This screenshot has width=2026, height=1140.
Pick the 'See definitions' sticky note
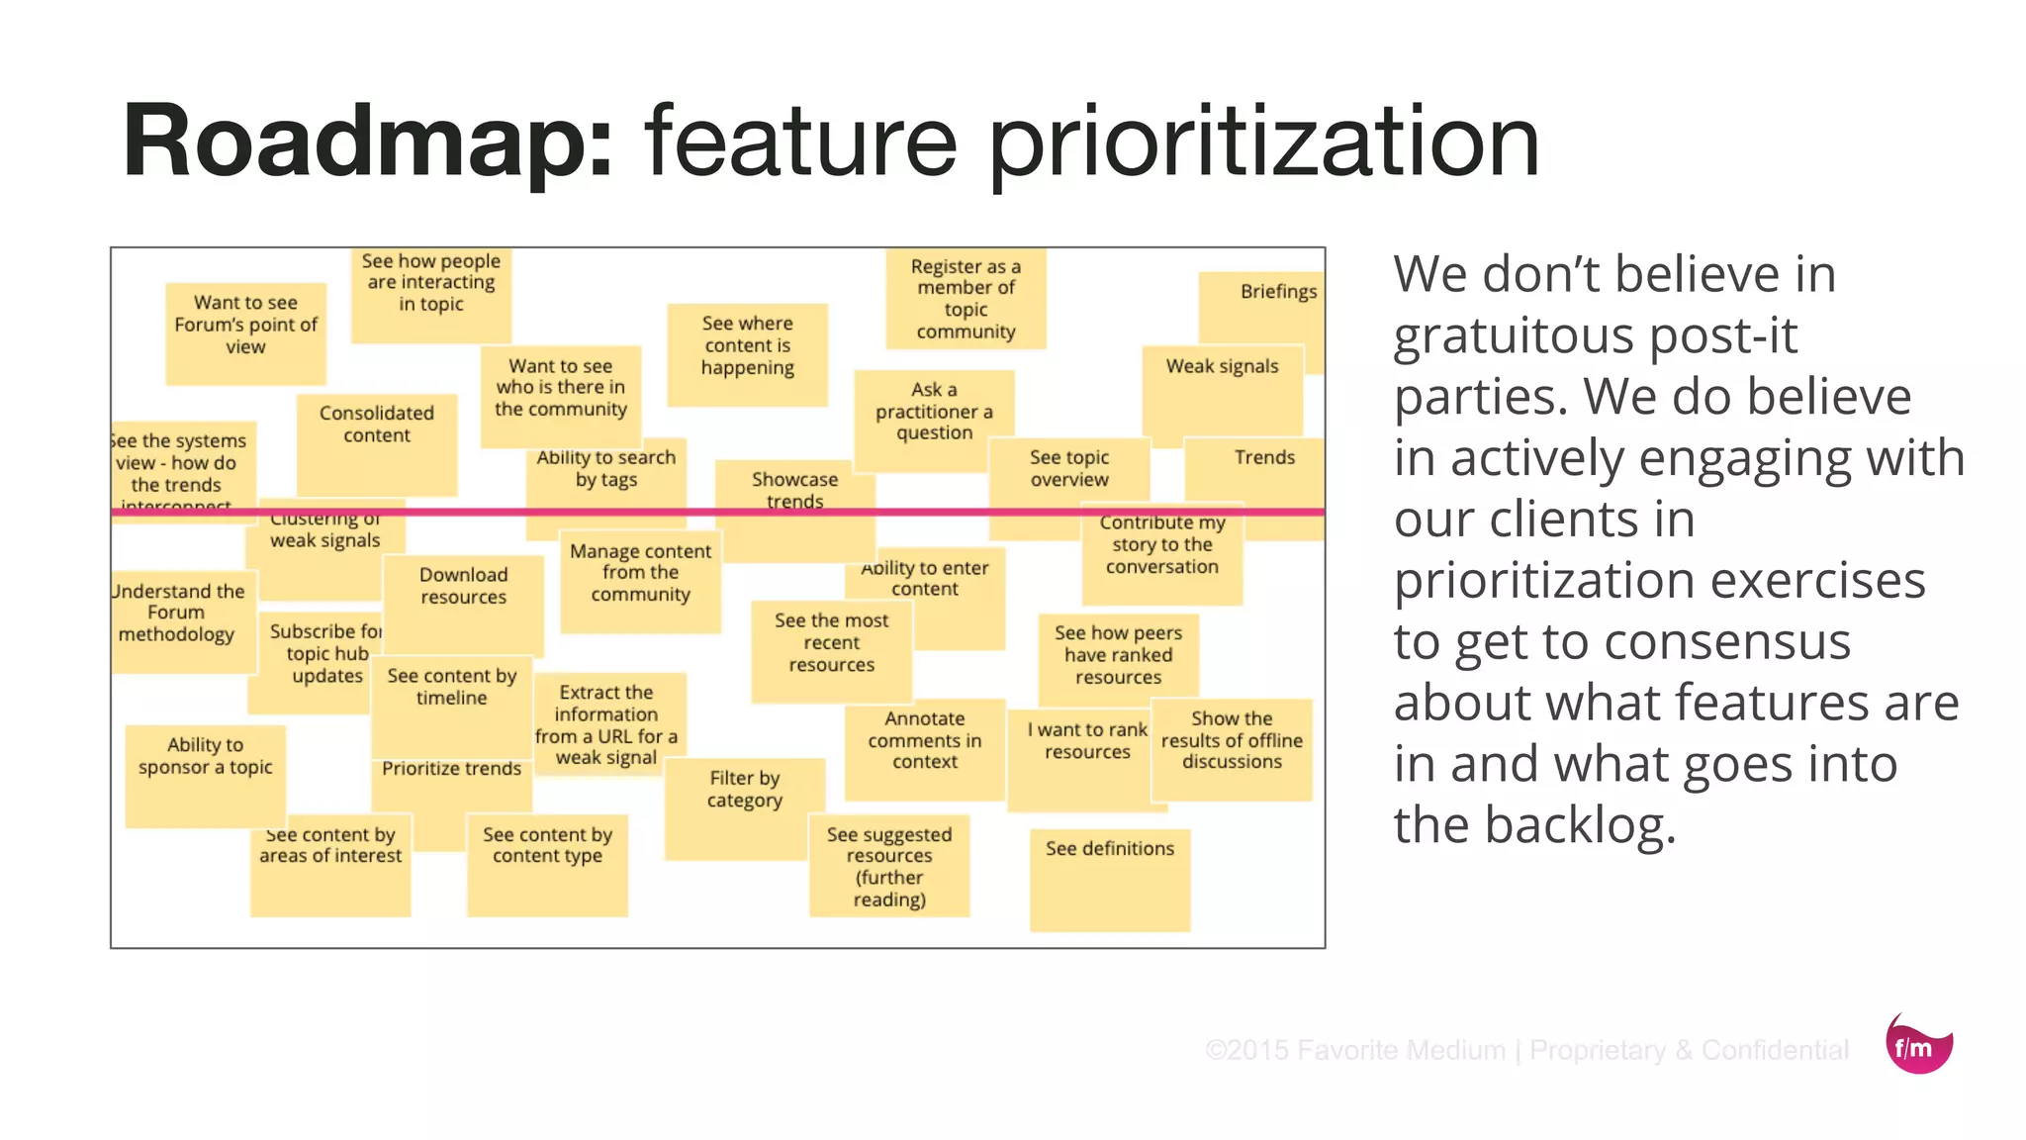pos(1109,877)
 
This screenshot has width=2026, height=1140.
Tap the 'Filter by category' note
pos(744,807)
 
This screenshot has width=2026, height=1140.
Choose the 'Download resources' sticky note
pos(463,600)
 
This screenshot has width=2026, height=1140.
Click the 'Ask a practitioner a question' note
pos(934,416)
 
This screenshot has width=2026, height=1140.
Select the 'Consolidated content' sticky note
pos(377,441)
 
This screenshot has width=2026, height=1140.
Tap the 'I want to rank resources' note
pos(1086,757)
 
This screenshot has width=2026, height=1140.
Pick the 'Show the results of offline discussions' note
pos(1232,747)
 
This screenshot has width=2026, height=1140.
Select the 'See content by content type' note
pos(547,862)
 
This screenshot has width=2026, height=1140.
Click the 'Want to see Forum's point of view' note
pos(245,332)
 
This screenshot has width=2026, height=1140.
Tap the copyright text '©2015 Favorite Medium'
pos(1354,1050)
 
